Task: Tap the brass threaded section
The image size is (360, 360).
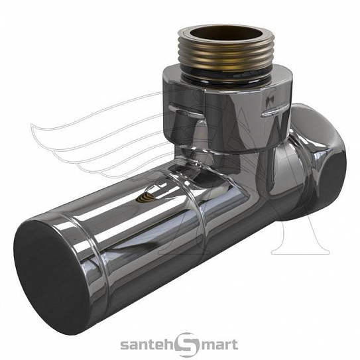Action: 226,54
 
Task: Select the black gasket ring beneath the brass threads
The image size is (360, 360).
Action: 226,73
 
